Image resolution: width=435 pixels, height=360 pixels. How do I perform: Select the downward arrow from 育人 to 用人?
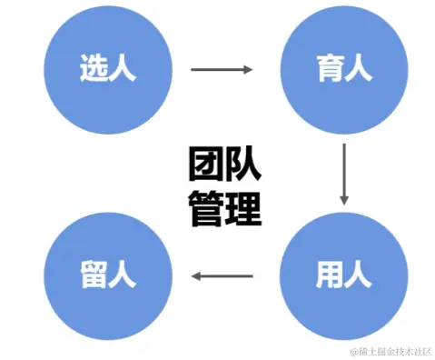344,173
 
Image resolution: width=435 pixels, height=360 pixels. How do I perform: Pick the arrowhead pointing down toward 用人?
344,197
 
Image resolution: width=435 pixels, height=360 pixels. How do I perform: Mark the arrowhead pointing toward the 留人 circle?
194,274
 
